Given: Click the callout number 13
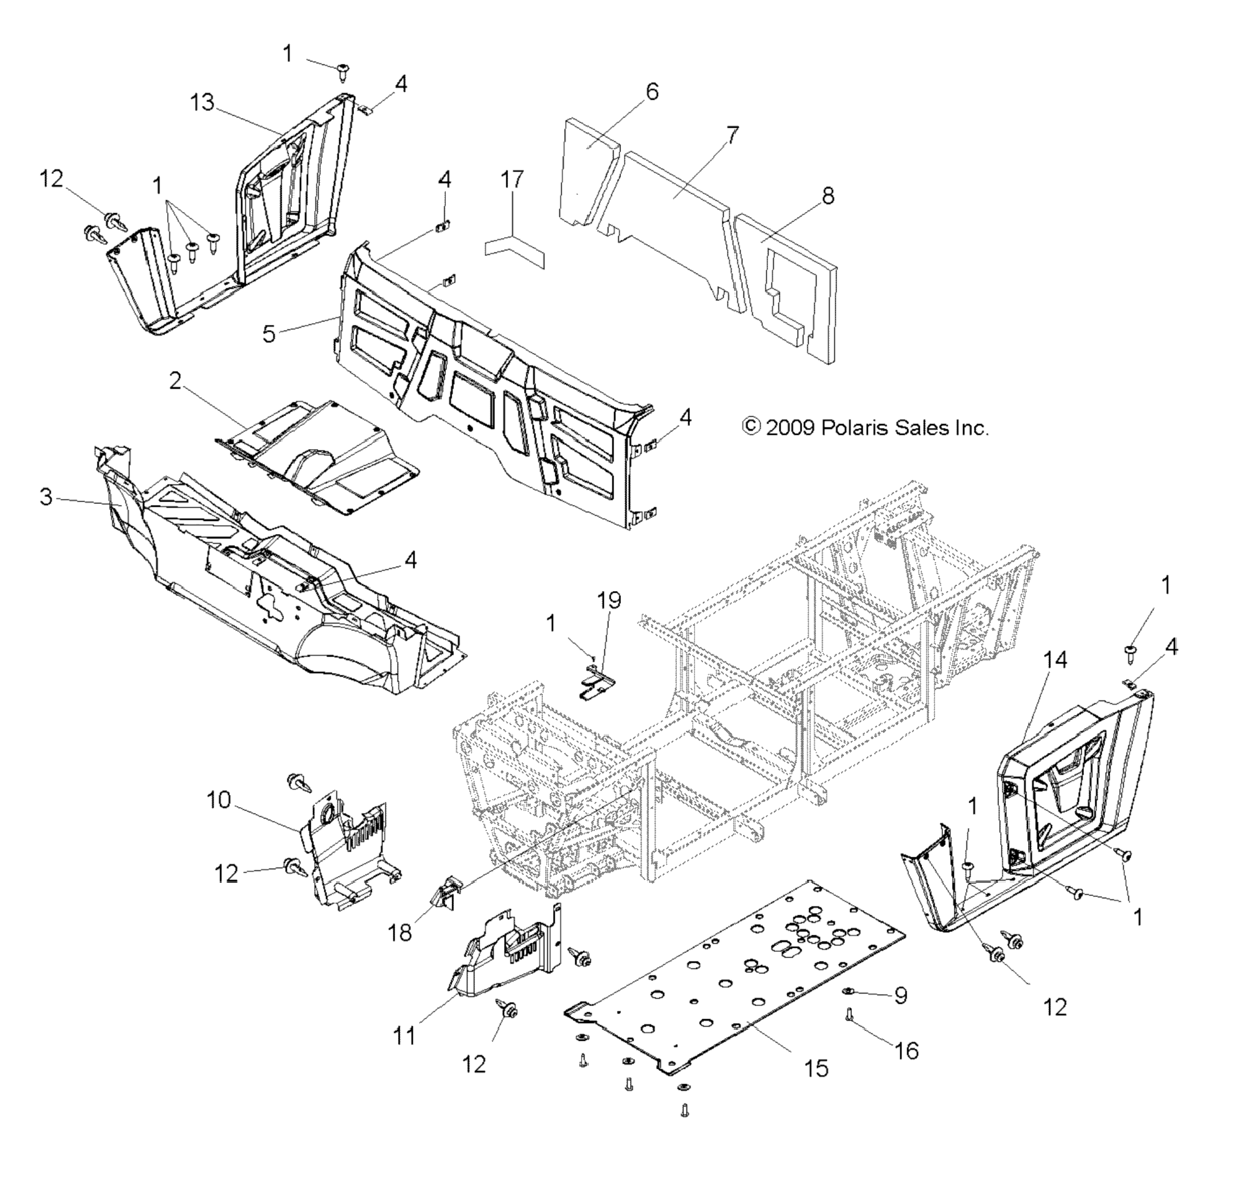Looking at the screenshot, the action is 202,103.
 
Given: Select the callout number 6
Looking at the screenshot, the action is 652,92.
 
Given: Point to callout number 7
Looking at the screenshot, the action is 732,135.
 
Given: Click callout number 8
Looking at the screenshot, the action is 827,196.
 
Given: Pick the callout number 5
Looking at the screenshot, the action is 270,334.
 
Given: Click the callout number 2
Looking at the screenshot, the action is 175,381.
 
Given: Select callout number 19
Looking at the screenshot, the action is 609,600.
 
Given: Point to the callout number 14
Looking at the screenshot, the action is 1055,660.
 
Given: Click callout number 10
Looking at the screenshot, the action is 219,800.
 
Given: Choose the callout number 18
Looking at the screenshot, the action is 400,932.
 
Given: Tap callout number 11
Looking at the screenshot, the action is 404,1036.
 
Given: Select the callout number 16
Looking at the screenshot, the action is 907,1051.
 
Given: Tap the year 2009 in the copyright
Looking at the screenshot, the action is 790,428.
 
